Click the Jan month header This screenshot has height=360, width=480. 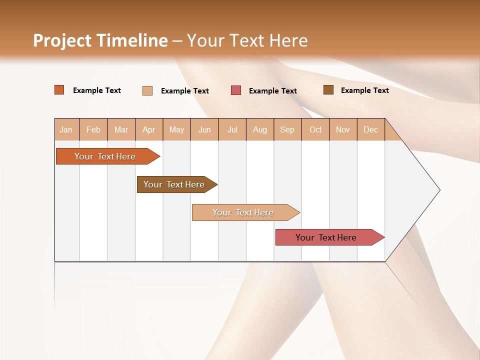click(66, 129)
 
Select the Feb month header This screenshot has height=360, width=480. click(93, 129)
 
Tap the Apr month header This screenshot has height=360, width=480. click(148, 129)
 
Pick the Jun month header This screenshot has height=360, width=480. click(204, 129)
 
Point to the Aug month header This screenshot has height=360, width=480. click(259, 129)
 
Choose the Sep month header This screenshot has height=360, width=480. click(287, 129)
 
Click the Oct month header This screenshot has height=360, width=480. click(315, 129)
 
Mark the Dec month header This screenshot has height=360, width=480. click(370, 129)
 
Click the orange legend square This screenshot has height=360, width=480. click(59, 90)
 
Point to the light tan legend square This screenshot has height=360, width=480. click(147, 90)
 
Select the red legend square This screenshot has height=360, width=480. click(236, 90)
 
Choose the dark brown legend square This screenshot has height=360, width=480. click(328, 90)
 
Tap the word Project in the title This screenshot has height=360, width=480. click(62, 40)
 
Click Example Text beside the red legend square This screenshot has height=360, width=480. click(273, 91)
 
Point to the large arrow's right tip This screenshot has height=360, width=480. click(439, 190)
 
